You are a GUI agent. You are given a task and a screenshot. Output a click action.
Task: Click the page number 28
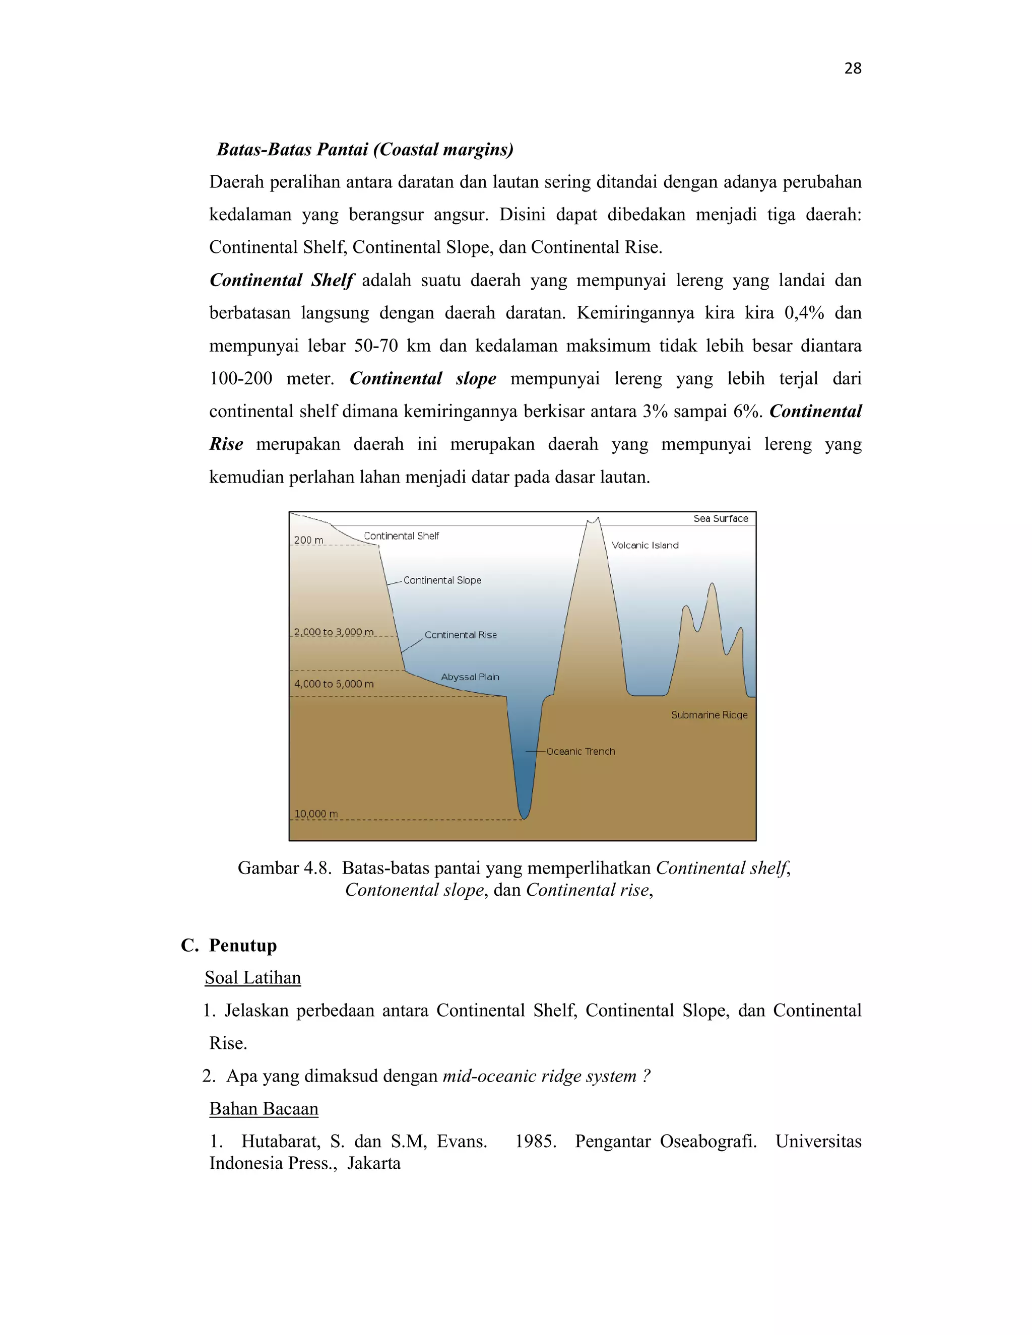click(x=852, y=69)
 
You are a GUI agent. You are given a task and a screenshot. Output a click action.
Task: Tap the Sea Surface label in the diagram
click(x=720, y=518)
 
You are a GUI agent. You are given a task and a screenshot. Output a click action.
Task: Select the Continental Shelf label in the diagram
click(x=401, y=536)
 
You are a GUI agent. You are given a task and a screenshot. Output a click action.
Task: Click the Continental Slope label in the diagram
click(x=442, y=580)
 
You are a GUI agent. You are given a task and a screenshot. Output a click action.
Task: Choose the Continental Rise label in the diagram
click(x=461, y=635)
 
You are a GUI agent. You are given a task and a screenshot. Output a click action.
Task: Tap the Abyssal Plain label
click(x=470, y=677)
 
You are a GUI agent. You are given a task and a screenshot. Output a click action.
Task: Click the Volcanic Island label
click(x=645, y=545)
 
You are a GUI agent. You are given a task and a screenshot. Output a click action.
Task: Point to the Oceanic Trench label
click(x=580, y=751)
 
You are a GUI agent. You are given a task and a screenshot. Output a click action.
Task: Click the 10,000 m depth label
click(x=315, y=814)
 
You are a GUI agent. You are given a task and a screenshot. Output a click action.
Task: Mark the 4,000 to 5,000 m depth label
click(x=333, y=684)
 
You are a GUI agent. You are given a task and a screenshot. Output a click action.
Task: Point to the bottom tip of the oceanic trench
click(x=524, y=818)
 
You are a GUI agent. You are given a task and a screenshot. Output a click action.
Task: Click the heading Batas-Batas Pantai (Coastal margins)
click(x=365, y=149)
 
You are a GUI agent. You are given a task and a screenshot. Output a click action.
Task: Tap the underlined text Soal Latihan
click(x=252, y=977)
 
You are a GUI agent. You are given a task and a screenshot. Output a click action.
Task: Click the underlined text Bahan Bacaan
click(x=264, y=1108)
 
